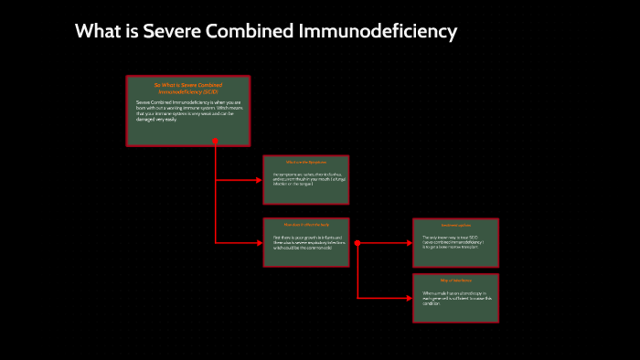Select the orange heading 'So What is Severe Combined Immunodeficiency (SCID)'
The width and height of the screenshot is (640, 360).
coord(188,89)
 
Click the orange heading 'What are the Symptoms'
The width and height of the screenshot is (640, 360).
coord(306,163)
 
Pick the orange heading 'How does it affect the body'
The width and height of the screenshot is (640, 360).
coord(305,224)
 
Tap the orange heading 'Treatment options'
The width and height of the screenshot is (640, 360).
coord(455,226)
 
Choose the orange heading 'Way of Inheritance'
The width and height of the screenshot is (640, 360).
coord(455,281)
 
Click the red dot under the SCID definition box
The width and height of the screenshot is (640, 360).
coord(215,142)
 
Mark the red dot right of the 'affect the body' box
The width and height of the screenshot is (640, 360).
coord(357,243)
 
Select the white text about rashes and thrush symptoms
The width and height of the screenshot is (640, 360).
coord(306,179)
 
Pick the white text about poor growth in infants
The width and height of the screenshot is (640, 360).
coord(306,243)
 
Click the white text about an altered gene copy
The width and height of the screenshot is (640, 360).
coord(455,298)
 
